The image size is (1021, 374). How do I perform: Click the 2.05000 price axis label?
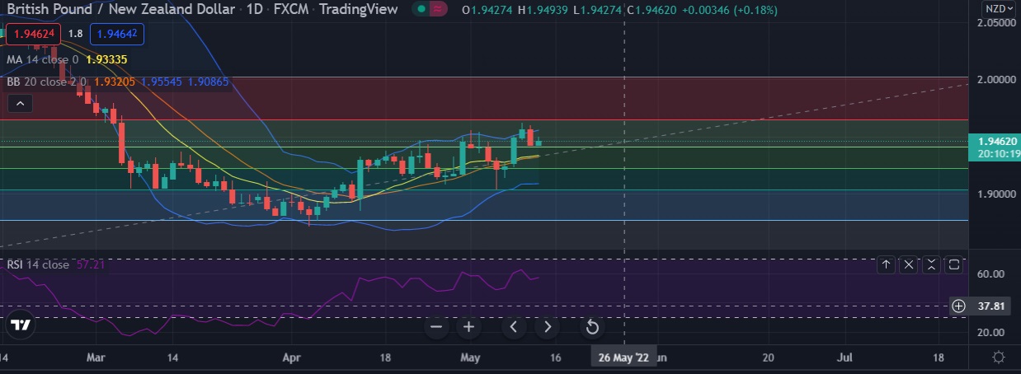[x=992, y=23]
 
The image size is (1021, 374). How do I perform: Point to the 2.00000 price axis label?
[x=992, y=80]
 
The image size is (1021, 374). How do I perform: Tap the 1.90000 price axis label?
[x=992, y=194]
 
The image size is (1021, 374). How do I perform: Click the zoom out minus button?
[x=437, y=327]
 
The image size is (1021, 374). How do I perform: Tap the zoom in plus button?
[x=468, y=327]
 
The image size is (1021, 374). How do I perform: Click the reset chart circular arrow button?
[x=591, y=328]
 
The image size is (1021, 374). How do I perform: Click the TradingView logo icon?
[x=22, y=325]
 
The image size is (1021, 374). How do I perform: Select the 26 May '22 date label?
[x=623, y=358]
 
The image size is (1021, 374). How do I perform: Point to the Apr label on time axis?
[x=291, y=358]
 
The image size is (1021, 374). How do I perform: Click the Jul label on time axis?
[x=845, y=358]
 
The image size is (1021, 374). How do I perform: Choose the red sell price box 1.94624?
[x=34, y=34]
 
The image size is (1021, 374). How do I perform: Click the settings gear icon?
[x=999, y=358]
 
